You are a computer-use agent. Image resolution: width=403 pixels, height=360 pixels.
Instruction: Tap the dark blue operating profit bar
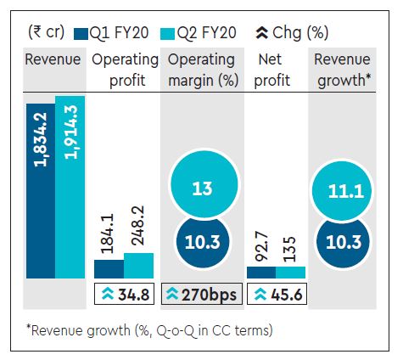click(x=108, y=269)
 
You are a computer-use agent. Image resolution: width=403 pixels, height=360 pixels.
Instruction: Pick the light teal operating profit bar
click(x=138, y=266)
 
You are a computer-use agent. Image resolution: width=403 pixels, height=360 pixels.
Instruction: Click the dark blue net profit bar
click(x=260, y=273)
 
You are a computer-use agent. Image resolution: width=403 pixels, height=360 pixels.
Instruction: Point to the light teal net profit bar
click(x=290, y=272)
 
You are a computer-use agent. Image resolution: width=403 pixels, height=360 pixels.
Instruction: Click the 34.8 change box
click(x=123, y=295)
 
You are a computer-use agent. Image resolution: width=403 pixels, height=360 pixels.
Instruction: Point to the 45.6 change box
click(x=276, y=295)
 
